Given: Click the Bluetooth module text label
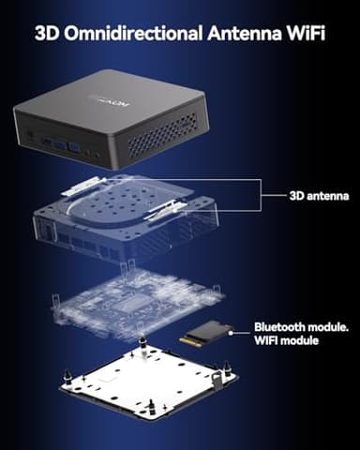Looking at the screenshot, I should tap(298, 328).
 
